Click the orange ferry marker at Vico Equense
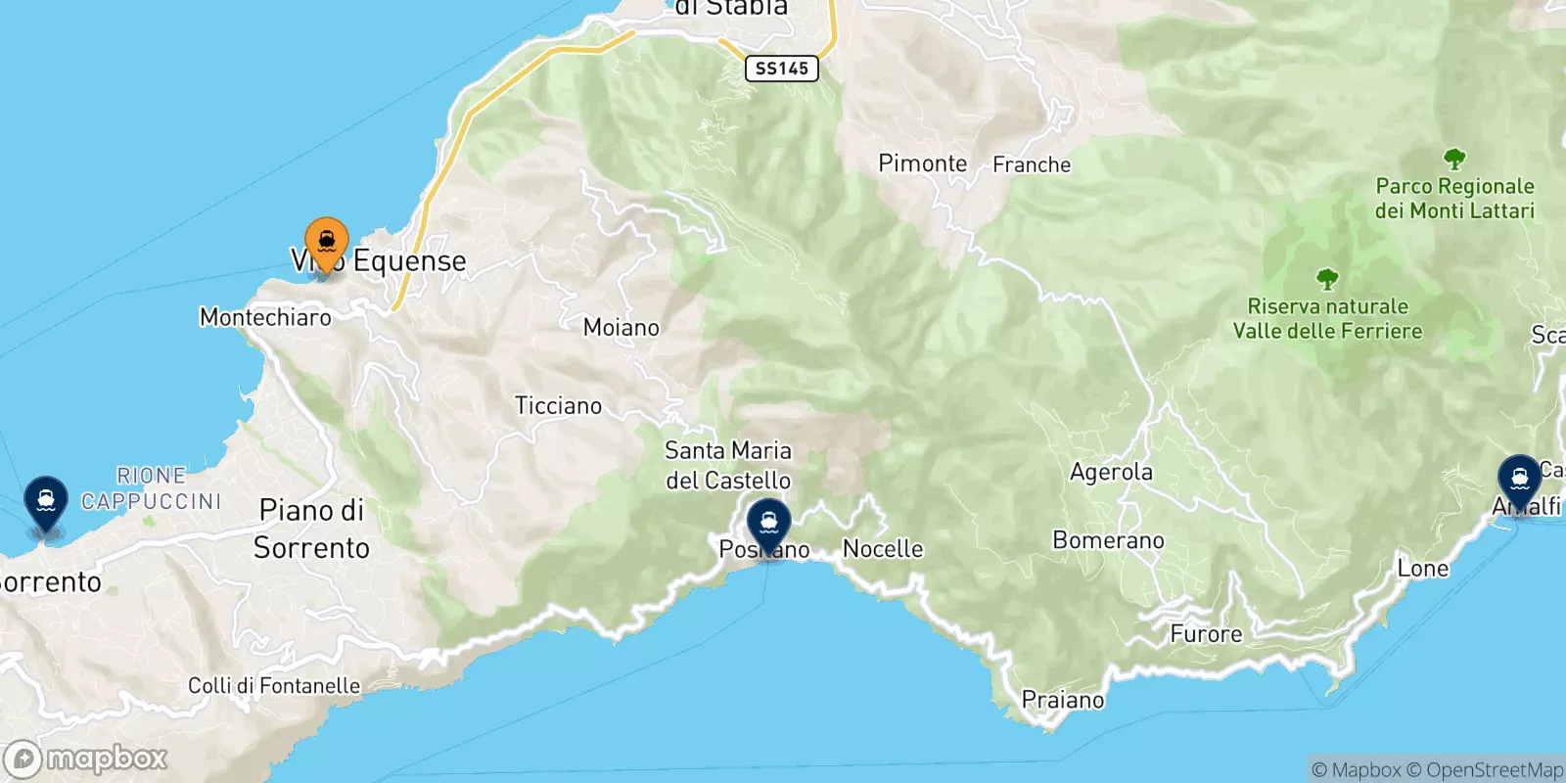(327, 241)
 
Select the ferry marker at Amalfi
(1519, 480)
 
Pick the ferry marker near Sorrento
(46, 500)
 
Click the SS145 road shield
(781, 69)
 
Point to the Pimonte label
(922, 163)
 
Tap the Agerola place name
(1111, 473)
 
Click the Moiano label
(621, 328)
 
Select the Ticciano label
(558, 406)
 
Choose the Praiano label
(1062, 700)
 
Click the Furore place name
(1206, 634)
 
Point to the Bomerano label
(1108, 540)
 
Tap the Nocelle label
(882, 549)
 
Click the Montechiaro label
(265, 317)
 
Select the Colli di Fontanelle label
(274, 686)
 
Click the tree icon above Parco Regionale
(1454, 159)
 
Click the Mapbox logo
(86, 759)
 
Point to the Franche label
(1032, 164)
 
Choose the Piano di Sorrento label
(311, 529)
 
